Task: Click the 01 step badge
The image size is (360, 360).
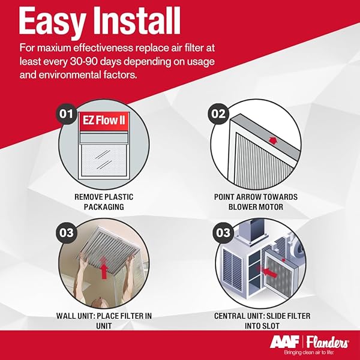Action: (67, 114)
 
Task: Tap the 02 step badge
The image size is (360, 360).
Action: (218, 114)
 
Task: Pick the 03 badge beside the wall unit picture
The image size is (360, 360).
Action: (67, 233)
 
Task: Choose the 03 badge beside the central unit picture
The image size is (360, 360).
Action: (223, 233)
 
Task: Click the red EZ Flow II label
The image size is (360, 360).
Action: (104, 121)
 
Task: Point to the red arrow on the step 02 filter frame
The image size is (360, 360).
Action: (272, 140)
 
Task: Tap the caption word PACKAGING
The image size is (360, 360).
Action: (104, 207)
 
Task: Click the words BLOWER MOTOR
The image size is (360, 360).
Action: (256, 207)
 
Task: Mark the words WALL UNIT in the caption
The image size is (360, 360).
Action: (76, 316)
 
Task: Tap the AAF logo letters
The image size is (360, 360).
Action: (284, 342)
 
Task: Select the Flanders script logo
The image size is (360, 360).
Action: (328, 343)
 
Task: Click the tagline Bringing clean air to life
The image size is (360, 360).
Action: (309, 352)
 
